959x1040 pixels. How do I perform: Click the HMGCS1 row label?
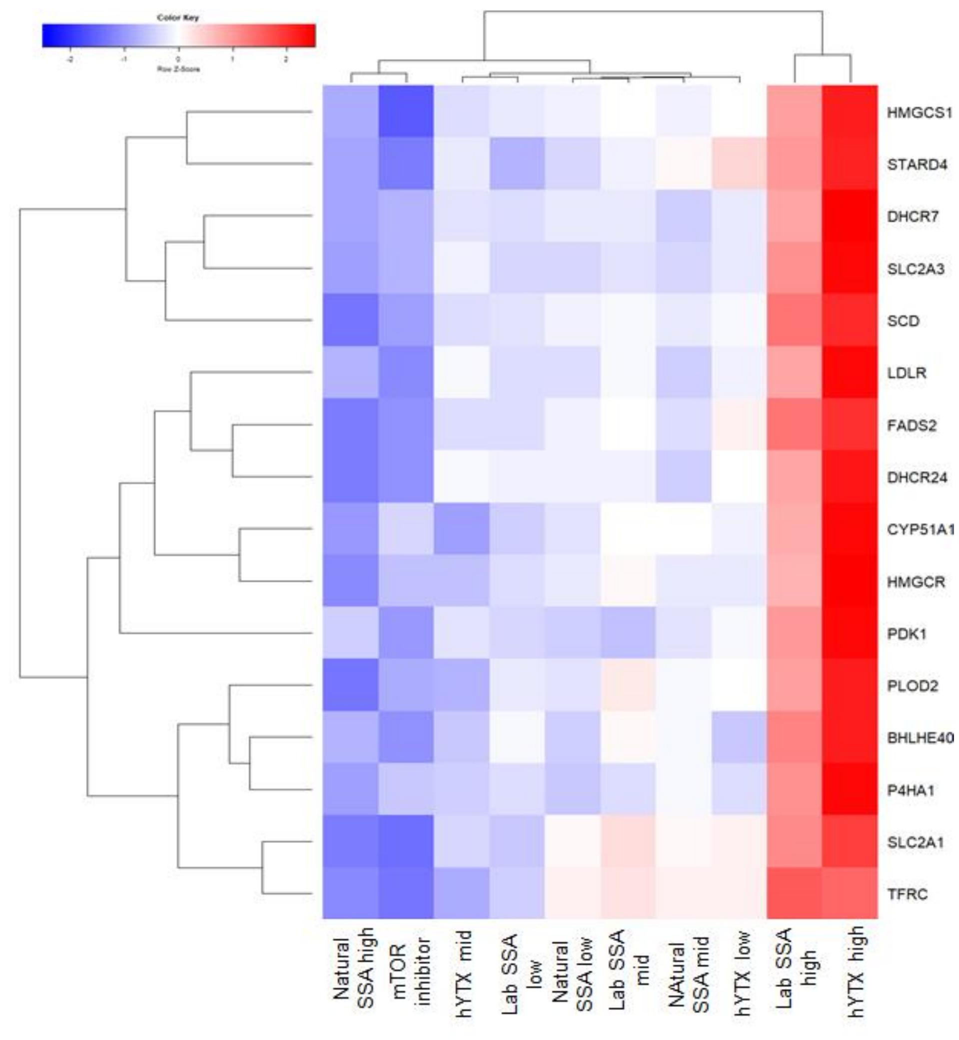tap(919, 112)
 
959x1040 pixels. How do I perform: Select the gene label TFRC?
tap(908, 894)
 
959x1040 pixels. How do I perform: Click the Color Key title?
tap(178, 18)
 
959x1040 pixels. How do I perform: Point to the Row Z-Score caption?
tap(178, 69)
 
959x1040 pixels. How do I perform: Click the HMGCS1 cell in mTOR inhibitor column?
tap(406, 111)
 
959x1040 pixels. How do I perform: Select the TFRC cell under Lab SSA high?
tap(795, 893)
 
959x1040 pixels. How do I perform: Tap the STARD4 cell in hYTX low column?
tap(739, 163)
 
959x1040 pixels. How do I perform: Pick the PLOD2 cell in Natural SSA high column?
tap(350, 685)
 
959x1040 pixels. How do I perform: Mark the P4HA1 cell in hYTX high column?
tap(850, 789)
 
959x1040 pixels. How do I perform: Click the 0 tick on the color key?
tap(178, 59)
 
